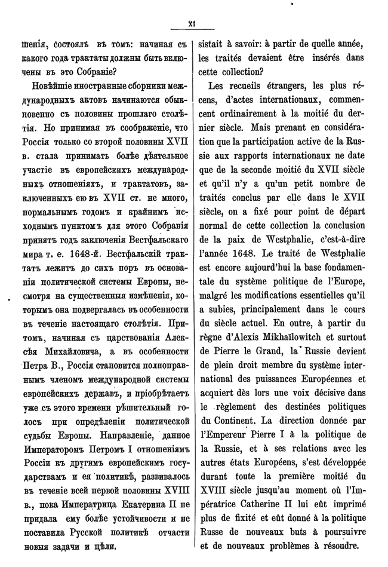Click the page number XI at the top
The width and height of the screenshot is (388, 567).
[x=193, y=24]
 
